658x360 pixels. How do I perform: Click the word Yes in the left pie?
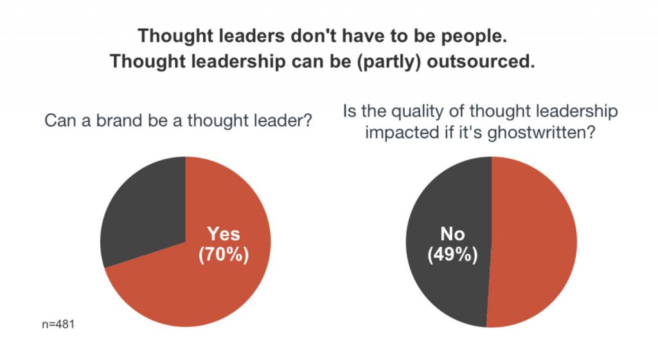coord(223,234)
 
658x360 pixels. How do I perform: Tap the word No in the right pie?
coord(452,234)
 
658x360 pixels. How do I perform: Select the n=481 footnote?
coord(57,325)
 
